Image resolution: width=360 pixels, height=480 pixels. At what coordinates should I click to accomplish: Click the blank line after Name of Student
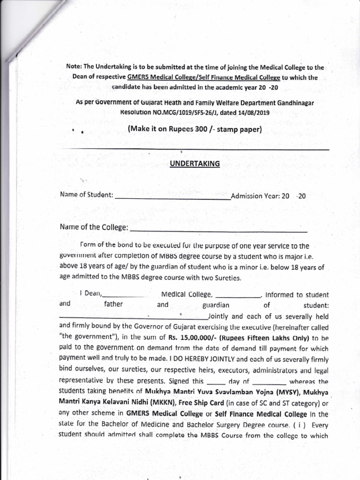click(x=172, y=197)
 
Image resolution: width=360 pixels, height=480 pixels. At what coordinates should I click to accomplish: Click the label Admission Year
click(x=255, y=196)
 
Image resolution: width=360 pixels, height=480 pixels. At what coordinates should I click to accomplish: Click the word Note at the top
click(x=74, y=68)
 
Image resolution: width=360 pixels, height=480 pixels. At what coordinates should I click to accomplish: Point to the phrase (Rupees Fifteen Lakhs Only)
click(x=257, y=337)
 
